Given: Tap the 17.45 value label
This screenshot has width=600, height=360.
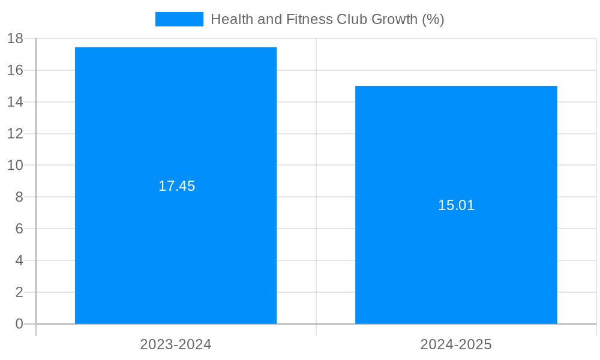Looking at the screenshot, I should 176,186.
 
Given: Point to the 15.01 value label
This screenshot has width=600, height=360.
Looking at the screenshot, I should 456,205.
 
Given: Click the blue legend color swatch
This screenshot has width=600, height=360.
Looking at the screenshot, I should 179,19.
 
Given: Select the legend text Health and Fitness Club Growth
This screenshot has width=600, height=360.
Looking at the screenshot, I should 327,19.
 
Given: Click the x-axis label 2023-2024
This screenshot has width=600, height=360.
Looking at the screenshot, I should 176,344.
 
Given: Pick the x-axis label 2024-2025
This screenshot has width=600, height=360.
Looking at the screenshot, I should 456,344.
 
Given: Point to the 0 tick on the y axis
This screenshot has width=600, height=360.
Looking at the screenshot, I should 19,324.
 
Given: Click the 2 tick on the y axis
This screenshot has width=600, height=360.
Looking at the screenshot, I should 19,292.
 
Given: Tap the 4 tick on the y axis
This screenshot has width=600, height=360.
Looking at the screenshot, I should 19,260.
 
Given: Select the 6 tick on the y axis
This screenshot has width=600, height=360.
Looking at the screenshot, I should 19,229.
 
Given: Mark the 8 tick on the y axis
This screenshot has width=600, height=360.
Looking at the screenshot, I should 19,197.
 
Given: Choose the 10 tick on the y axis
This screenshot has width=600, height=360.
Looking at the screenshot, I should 15,165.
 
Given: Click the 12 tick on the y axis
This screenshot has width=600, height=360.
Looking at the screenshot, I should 15,134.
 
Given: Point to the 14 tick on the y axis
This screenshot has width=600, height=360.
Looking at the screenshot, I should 15,102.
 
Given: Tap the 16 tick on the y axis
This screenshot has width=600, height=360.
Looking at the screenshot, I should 15,70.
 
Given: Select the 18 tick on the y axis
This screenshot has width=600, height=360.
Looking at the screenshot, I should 15,38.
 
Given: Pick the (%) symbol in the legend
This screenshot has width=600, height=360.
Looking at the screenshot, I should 433,19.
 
